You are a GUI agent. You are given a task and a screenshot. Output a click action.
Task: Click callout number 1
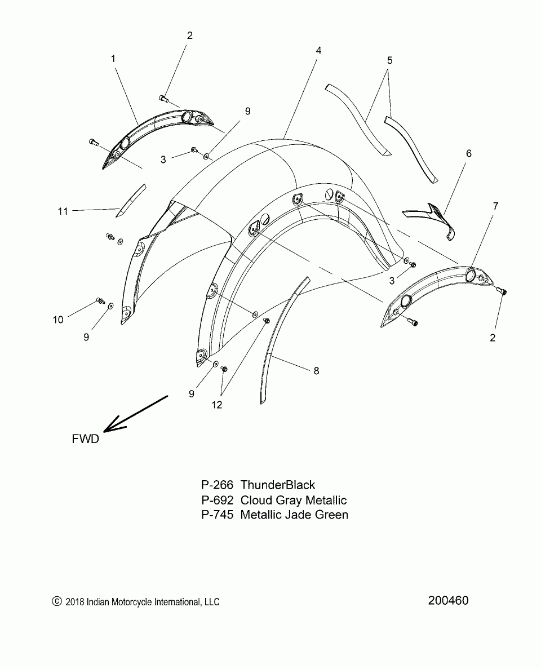click(x=113, y=58)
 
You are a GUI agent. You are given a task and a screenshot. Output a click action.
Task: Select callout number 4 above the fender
click(x=318, y=50)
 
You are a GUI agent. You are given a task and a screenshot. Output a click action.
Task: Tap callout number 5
click(x=389, y=60)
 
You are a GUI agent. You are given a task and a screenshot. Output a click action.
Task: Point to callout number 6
click(x=468, y=153)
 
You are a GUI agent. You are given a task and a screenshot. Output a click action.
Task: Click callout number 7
click(x=495, y=206)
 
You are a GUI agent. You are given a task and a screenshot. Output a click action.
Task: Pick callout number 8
click(x=316, y=370)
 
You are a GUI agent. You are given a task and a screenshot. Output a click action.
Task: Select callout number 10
click(x=58, y=320)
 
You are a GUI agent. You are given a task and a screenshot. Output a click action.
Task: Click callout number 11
click(x=63, y=211)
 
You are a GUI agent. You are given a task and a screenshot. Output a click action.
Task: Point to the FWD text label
click(x=85, y=439)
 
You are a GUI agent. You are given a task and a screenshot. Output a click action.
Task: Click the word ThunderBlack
click(x=278, y=485)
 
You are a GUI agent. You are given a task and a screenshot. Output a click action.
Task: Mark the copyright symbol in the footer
click(x=55, y=602)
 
